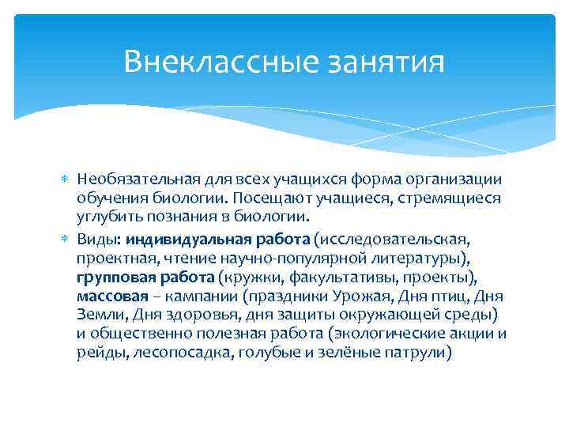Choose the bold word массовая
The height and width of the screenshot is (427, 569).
click(112, 296)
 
